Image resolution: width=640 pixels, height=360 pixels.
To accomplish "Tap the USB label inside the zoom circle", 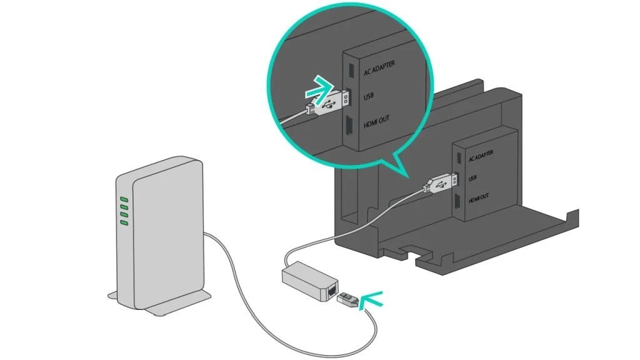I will click(369, 97).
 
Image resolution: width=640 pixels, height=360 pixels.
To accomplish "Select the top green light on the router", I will click(124, 200).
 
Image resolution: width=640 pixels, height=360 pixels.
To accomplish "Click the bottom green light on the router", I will click(124, 222).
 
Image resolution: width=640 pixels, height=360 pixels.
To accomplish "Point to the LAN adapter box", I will click(306, 280).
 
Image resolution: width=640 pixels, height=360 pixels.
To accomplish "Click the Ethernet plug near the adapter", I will click(349, 299).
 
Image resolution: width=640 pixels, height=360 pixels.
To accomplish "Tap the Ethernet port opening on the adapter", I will click(329, 291).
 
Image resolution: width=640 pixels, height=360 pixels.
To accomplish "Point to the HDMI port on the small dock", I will click(458, 201).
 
